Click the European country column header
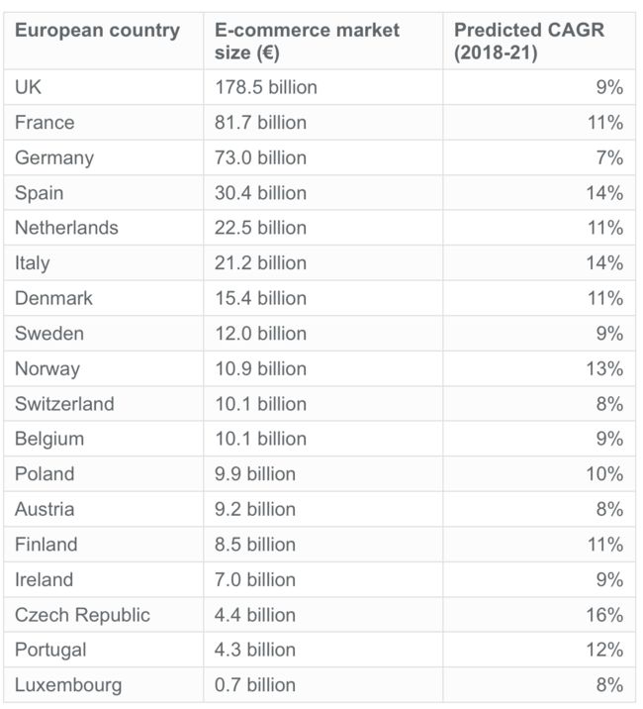97,31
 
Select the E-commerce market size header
307,42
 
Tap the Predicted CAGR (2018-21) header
529,42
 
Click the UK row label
28,87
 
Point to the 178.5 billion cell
266,87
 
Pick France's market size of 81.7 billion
260,123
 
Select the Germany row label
54,157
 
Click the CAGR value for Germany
609,157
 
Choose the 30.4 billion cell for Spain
260,193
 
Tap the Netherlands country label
66,228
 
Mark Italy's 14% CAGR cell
603,263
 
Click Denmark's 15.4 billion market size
260,298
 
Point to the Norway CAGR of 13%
603,368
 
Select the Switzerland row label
64,404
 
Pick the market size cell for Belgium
260,439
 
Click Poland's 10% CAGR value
603,474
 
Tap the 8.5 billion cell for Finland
255,545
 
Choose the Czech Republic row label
82,615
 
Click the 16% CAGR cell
603,615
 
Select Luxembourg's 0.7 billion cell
255,685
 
